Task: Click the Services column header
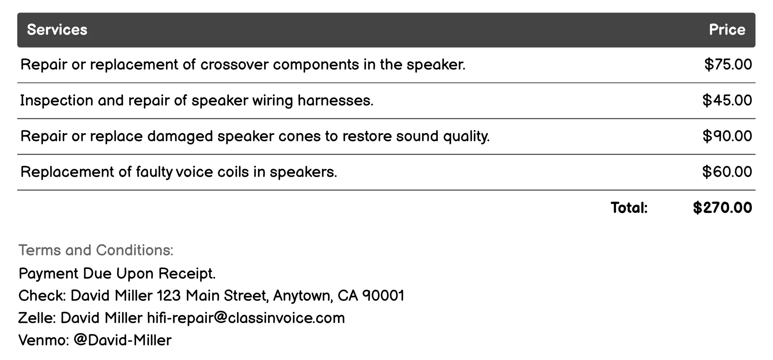57,30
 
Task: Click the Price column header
727,30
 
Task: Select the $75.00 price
728,65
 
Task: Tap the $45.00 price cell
727,100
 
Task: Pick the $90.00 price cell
727,136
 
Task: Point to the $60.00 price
727,172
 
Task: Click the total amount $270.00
722,208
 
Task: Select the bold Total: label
629,208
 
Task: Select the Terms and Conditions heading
96,250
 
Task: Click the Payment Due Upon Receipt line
117,274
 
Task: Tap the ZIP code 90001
383,295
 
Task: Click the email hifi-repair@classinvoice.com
246,318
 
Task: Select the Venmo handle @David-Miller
122,340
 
